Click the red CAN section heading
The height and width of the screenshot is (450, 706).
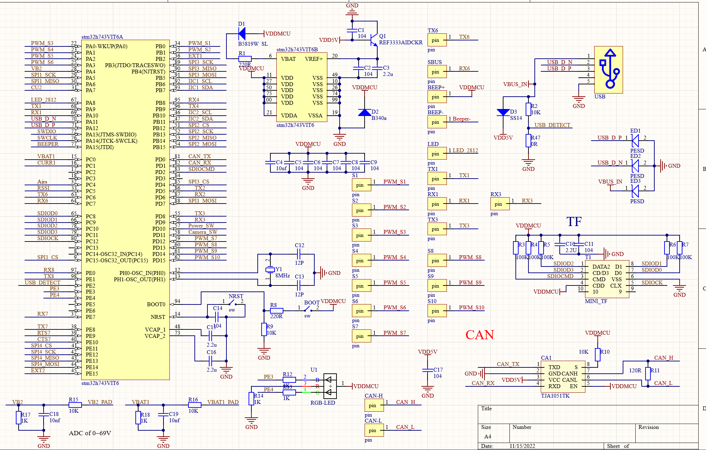pos(480,335)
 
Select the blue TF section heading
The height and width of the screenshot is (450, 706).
pos(574,222)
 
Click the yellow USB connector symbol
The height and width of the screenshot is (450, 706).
pos(608,70)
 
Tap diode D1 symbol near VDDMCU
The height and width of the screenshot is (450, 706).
pos(242,34)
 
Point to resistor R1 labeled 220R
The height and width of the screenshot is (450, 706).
pos(245,59)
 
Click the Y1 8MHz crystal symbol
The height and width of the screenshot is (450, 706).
pos(270,270)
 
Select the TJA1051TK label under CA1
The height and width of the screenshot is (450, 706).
pos(555,396)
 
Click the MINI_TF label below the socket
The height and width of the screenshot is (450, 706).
pos(596,301)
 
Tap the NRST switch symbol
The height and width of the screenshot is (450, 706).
pos(232,303)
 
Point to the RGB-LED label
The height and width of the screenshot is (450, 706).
pos(322,403)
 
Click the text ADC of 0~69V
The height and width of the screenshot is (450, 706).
pos(90,433)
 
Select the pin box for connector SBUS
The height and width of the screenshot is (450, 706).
pos(437,72)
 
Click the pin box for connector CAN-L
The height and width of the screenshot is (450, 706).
pos(374,430)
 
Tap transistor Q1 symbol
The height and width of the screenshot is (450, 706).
pos(373,39)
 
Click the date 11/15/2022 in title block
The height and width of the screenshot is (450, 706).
pos(522,446)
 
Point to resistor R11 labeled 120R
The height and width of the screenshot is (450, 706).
pos(648,373)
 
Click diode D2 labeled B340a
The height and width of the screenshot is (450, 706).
pos(365,112)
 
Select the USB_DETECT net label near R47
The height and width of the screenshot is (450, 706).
pos(552,125)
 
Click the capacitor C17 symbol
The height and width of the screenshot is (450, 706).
pos(428,370)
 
